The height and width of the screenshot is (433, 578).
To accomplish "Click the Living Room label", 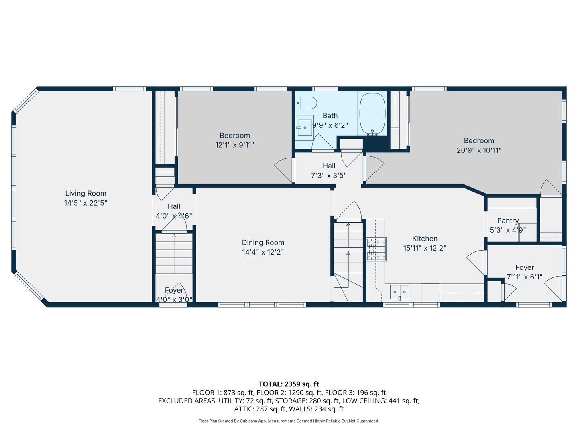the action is (x=85, y=194).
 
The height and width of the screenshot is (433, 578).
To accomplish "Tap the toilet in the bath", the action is (x=306, y=103).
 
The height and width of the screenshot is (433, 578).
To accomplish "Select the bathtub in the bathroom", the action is (x=372, y=114).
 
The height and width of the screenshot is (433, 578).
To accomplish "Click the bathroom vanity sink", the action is (x=305, y=127).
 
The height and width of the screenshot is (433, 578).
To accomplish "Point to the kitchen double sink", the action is (x=399, y=292).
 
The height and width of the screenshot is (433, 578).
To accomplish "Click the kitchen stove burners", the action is (x=377, y=249).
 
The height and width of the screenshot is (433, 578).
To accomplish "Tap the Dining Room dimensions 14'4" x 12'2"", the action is (x=263, y=252).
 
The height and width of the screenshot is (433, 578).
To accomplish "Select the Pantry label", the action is (x=508, y=221).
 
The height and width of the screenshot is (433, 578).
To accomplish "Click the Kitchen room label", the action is (x=425, y=239).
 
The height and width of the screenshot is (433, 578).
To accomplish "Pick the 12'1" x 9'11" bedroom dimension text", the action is (x=235, y=145).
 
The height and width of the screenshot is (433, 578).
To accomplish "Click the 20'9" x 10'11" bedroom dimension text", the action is (x=479, y=150).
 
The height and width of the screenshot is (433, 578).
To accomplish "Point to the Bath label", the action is (x=330, y=116).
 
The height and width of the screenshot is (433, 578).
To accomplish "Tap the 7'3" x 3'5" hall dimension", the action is (x=329, y=175).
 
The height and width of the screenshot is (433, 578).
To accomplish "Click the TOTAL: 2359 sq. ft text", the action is (x=289, y=384).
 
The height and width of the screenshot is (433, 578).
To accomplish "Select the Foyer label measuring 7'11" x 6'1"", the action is (x=525, y=267).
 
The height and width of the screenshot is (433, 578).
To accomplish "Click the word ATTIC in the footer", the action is (x=242, y=409).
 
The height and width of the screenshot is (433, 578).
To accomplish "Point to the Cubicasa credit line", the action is (x=289, y=421).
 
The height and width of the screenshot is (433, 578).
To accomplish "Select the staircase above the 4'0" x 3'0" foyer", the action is (x=174, y=254).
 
